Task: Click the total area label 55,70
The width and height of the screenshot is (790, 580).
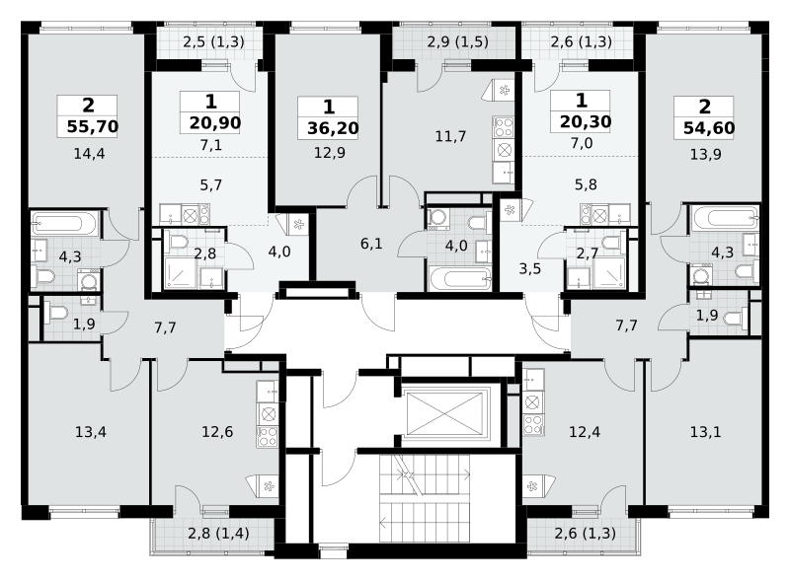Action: pos(92,126)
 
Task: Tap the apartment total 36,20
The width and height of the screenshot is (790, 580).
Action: pos(333,128)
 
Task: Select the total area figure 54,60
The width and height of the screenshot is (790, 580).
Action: pos(709,128)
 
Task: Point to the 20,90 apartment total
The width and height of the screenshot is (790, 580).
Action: pos(215,122)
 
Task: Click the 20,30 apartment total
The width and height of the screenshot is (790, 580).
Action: pos(586,121)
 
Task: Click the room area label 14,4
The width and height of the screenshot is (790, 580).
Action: pos(89,154)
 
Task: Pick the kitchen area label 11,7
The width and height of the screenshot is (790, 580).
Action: pos(450,136)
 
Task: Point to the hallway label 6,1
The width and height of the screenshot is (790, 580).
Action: pos(371,244)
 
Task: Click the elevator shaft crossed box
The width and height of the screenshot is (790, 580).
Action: pos(444,414)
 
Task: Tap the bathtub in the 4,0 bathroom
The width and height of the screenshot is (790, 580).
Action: pos(459,279)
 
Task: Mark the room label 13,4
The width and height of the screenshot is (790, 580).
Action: pos(91,432)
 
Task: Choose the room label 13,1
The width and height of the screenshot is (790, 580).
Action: pos(705,431)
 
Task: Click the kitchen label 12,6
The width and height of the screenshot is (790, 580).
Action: pos(217,431)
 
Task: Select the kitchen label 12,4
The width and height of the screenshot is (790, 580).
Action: pos(585,431)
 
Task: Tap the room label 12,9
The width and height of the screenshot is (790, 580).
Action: pos(330,153)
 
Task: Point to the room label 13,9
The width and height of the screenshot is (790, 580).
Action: pos(705,154)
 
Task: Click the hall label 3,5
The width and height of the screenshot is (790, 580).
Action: pos(530,269)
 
